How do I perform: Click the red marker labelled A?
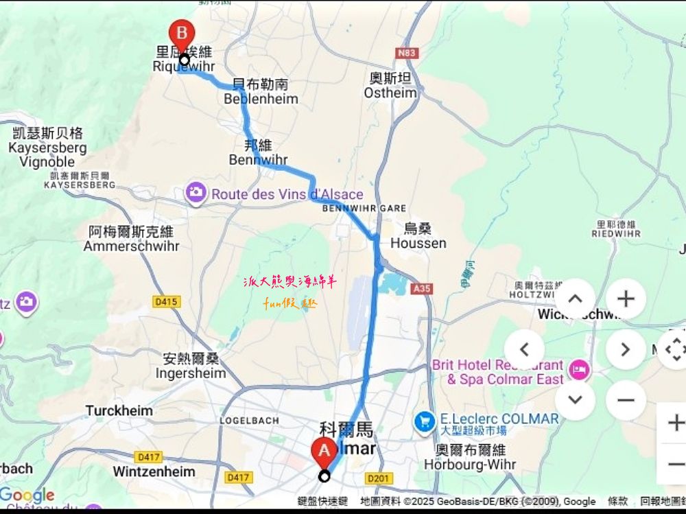coord(324,452)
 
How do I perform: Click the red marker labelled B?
coord(182,34)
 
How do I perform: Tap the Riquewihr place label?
coord(184,67)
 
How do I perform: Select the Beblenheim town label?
coord(261,99)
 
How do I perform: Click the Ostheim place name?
coord(390,93)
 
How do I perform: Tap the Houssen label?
coord(418,243)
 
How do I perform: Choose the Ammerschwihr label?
coord(131,246)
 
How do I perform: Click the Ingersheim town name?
coord(191,373)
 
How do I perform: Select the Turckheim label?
coord(119,410)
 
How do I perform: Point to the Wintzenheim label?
coord(154,471)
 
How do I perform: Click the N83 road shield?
coord(407,52)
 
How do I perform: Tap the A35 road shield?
coord(422,289)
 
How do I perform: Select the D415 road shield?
coord(166,301)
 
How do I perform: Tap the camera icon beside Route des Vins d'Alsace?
coord(196,194)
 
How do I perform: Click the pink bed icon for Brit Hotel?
coord(580,371)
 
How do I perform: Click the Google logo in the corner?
coord(27,495)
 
